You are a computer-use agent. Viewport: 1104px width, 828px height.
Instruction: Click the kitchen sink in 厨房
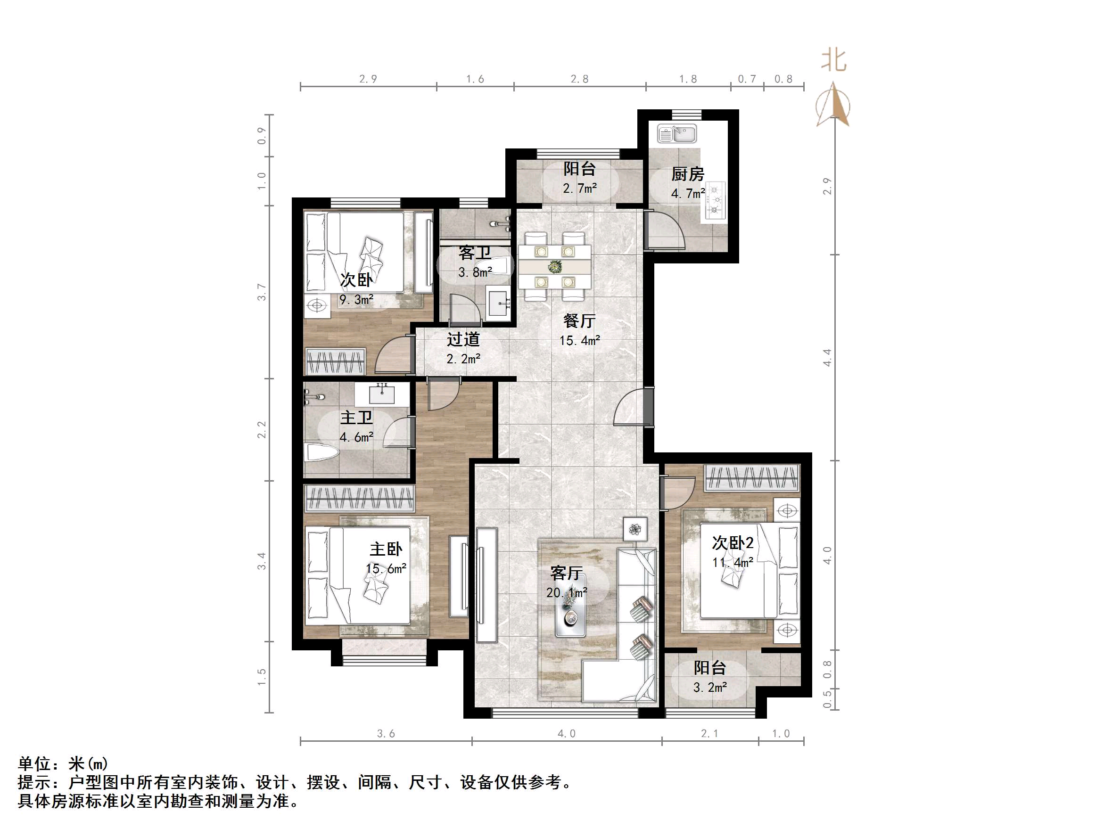coord(677,134)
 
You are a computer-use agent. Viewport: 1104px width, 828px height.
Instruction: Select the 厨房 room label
coord(687,174)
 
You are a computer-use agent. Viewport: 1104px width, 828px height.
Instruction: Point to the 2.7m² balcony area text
coord(579,189)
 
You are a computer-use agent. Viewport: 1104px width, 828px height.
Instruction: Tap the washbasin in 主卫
coord(382,394)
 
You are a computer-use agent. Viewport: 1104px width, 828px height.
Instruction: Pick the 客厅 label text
coord(567,573)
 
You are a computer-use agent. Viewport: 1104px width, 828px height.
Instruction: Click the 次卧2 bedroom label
coord(732,542)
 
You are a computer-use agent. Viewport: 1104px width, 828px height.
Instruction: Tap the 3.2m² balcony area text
coord(710,688)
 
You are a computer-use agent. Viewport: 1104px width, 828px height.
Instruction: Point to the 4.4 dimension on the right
coord(827,357)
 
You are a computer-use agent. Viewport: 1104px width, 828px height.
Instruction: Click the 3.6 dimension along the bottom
coord(386,734)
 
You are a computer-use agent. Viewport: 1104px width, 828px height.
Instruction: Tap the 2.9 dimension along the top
coord(368,79)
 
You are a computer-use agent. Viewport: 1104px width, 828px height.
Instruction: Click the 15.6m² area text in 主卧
coord(386,568)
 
